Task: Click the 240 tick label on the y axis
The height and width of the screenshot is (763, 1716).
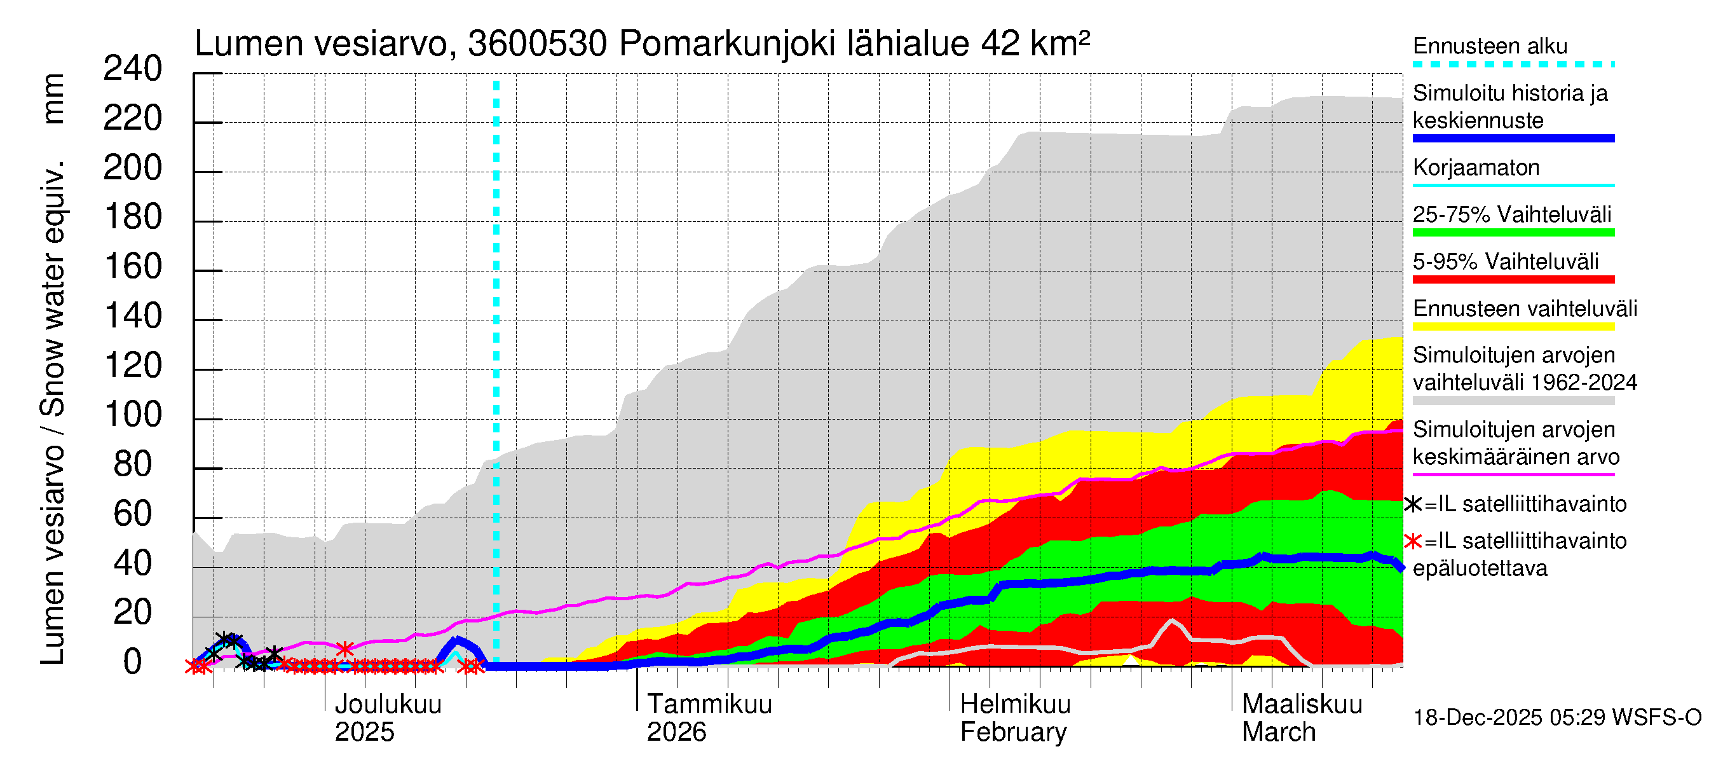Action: [x=133, y=69]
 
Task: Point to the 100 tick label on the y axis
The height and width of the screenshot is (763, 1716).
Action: [x=133, y=416]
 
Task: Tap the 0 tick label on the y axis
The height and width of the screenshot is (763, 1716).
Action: [x=133, y=663]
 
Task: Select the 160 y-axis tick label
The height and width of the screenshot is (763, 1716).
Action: [x=133, y=267]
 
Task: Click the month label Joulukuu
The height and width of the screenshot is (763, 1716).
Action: [x=388, y=705]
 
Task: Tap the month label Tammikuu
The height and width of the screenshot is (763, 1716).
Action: [x=709, y=705]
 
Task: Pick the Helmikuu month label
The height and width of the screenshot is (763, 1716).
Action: [x=1015, y=705]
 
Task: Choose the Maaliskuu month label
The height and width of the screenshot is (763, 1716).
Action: [x=1302, y=705]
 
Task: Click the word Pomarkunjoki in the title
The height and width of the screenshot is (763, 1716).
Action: [x=727, y=45]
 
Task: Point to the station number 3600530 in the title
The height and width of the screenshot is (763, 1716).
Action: [x=537, y=45]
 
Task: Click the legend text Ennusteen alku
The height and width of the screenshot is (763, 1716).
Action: [x=1490, y=46]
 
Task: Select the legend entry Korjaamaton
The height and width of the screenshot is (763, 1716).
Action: [x=1476, y=168]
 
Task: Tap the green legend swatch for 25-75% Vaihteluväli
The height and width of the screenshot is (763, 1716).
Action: [x=1513, y=233]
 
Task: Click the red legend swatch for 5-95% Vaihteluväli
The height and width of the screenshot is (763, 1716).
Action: [x=1513, y=280]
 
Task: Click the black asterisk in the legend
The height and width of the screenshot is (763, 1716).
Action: [x=1412, y=504]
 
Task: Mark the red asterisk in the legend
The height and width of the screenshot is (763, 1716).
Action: [x=1412, y=541]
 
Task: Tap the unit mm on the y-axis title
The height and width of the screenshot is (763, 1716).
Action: [x=53, y=99]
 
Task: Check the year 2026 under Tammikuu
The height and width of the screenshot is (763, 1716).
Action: [x=676, y=732]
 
